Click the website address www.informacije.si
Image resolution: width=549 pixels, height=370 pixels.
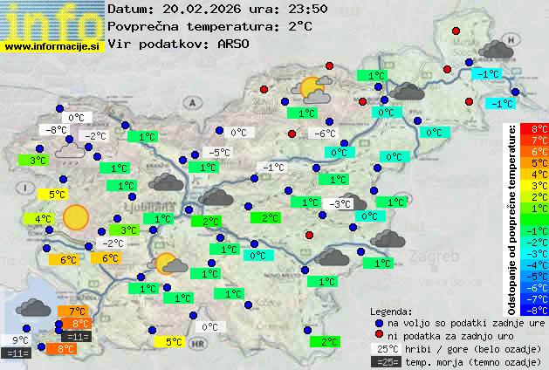[52, 46]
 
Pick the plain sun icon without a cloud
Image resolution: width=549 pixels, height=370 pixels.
[76, 216]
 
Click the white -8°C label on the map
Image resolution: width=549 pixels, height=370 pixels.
[57, 130]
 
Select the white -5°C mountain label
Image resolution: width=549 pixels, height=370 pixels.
[220, 153]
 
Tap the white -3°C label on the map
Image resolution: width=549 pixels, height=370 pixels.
[340, 204]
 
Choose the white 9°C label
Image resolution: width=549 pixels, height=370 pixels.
[21, 340]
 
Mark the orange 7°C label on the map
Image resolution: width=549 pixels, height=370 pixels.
[76, 312]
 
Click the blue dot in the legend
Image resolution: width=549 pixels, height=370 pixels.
[379, 322]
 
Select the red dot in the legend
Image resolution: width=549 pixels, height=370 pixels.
[379, 335]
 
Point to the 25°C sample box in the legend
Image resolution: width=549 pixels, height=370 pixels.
[385, 348]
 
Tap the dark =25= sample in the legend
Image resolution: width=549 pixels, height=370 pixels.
[385, 361]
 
